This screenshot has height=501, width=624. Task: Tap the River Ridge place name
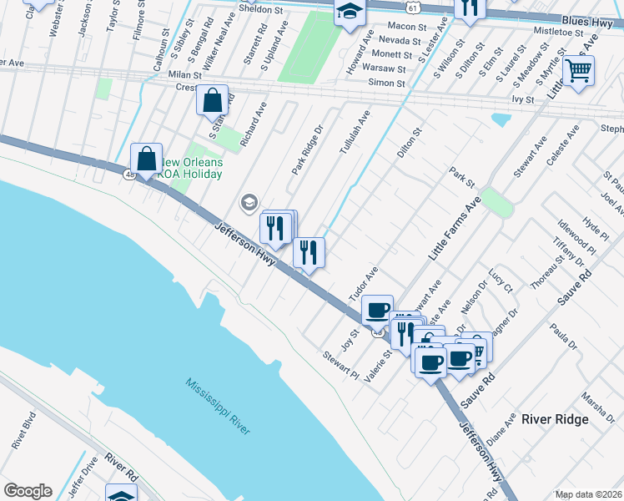(x=555, y=419)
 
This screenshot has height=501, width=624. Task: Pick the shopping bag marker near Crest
(x=213, y=100)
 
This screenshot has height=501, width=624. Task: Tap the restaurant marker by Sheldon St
(x=471, y=8)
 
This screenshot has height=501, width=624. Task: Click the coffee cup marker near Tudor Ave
(x=377, y=310)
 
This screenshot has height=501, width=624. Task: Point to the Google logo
(x=27, y=491)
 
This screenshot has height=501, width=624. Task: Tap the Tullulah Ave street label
(x=354, y=134)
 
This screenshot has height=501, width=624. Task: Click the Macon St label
(x=407, y=27)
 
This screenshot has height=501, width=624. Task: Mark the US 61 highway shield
(x=414, y=7)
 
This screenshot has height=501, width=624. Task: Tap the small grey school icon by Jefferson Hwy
(x=248, y=202)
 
